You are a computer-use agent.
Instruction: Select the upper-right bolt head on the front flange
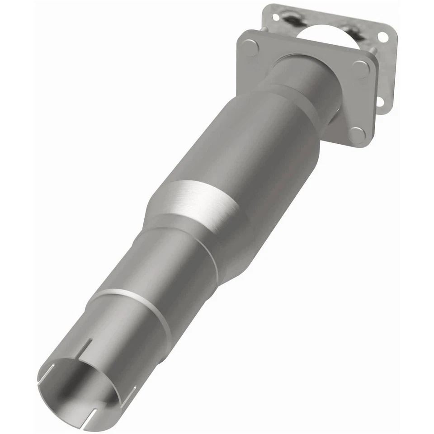(x=361, y=69)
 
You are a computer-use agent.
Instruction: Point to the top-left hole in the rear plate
(x=275, y=17)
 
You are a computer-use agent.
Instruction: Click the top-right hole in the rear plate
(x=383, y=37)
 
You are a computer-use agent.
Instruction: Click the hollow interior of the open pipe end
(x=77, y=389)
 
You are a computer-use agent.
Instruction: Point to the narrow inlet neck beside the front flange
(x=307, y=81)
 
